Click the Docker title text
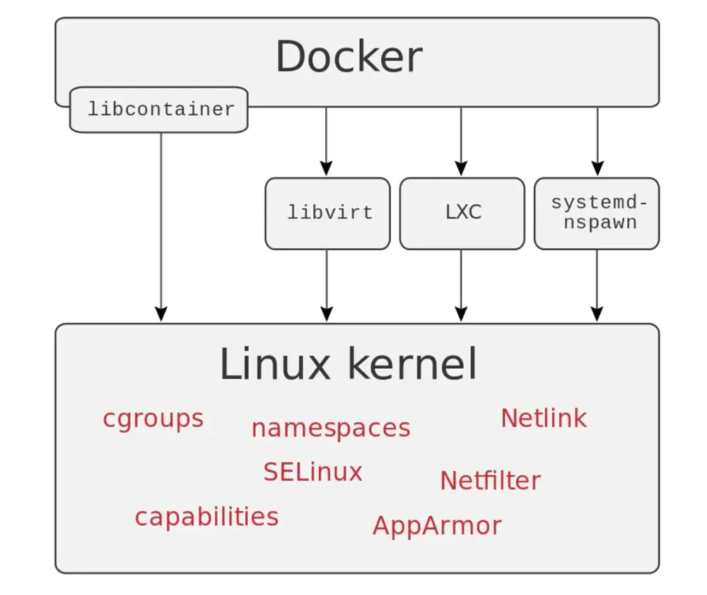[349, 57]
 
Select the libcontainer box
[159, 110]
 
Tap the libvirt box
[327, 213]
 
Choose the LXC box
[462, 213]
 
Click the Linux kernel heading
[348, 365]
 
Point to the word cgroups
[153, 418]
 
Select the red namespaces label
[330, 428]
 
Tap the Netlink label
[543, 418]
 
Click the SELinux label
[312, 471]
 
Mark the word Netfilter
[490, 481]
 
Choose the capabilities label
[206, 517]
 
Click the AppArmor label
[437, 526]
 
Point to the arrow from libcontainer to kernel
[160, 226]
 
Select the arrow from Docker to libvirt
[326, 141]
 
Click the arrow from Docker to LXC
[461, 141]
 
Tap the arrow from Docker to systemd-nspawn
[597, 141]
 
